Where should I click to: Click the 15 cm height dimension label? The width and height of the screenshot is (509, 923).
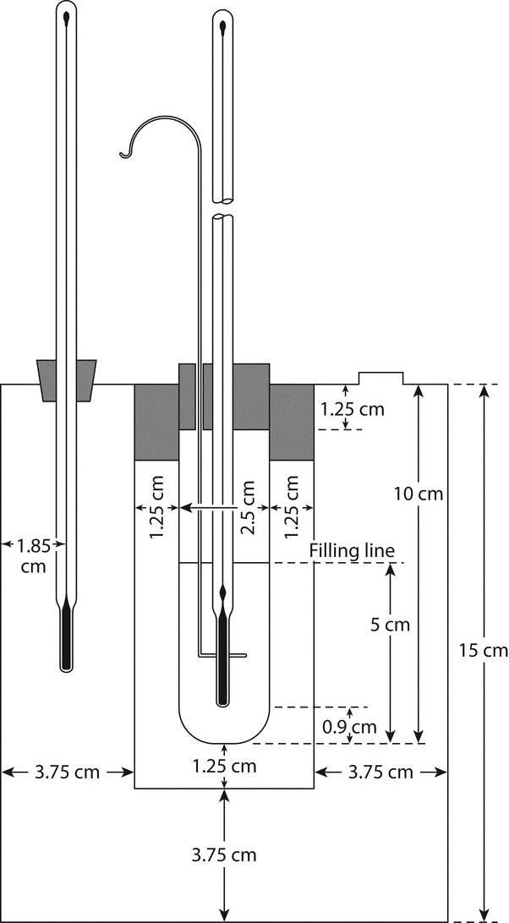tap(483, 651)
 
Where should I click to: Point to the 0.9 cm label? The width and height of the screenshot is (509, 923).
tap(349, 726)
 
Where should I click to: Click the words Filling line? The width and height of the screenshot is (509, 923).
tap(353, 551)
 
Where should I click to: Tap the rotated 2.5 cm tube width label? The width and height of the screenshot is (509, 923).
tap(248, 507)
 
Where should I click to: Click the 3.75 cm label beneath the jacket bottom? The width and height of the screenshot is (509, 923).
tap(224, 855)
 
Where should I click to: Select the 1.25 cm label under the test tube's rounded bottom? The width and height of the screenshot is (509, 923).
tap(224, 767)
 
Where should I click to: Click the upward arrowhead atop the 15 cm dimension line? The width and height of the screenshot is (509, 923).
tap(483, 391)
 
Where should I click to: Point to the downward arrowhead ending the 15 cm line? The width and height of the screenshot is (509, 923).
tap(483, 914)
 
